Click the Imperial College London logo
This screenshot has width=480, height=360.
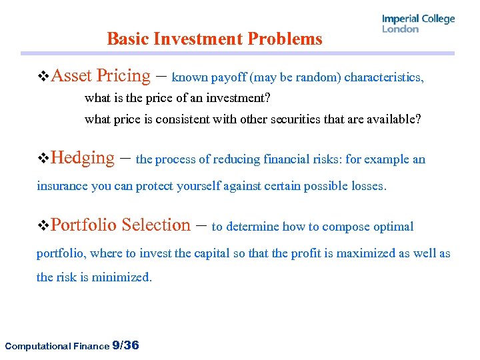418,23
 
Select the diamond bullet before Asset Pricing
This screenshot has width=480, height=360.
43,77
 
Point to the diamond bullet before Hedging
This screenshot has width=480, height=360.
43,159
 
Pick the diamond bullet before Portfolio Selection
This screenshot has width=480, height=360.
43,226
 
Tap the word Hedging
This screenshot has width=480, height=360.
83,158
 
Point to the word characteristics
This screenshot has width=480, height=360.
384,77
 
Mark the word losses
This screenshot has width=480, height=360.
367,186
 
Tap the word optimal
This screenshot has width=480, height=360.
392,227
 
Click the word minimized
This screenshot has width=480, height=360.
125,277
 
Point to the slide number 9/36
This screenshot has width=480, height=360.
126,345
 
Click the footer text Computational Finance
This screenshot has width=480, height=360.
57,345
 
